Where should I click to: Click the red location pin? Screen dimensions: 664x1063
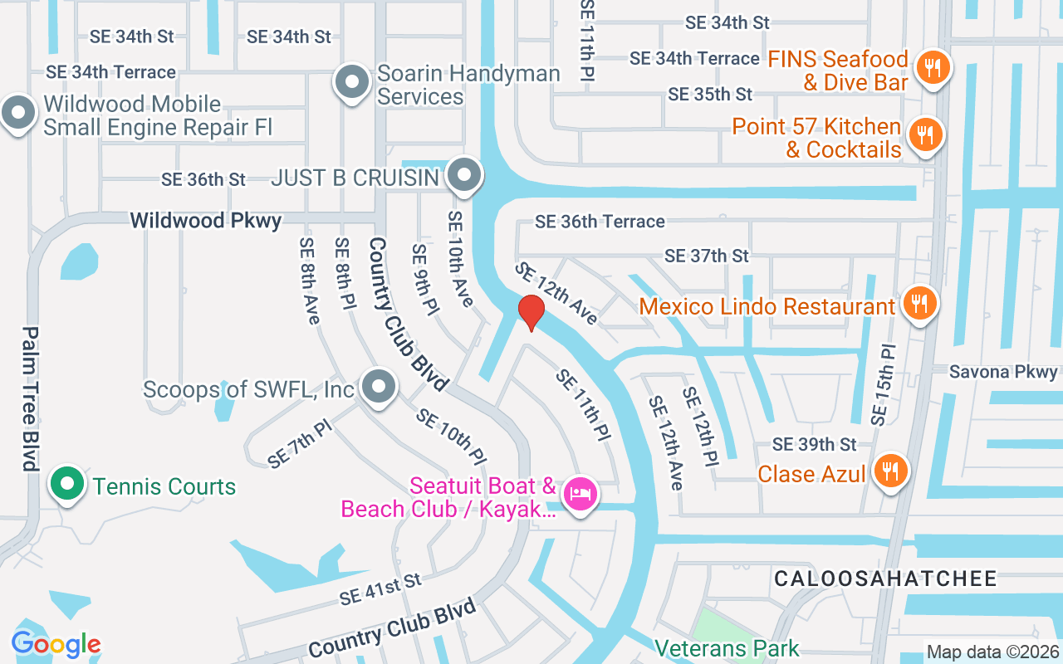click(531, 312)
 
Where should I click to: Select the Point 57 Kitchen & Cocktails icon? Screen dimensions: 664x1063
click(923, 135)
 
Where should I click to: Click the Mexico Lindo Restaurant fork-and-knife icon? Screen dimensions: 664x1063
click(918, 303)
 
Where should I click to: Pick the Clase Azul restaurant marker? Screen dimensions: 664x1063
click(890, 471)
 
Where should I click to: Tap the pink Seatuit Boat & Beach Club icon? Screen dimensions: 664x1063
click(580, 494)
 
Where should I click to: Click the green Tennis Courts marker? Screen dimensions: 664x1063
click(66, 484)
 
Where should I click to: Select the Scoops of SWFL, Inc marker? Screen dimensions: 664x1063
click(379, 386)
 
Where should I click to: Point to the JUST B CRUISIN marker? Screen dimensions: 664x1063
click(463, 175)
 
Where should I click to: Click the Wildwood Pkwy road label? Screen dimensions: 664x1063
click(206, 220)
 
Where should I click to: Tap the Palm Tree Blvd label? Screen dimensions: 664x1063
click(31, 398)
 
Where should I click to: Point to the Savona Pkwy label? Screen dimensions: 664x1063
click(1003, 372)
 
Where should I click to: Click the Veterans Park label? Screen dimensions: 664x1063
click(727, 648)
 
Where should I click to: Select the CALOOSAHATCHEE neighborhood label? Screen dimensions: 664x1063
click(885, 579)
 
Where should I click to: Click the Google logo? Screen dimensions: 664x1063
click(56, 644)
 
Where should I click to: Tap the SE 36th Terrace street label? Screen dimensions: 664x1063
click(600, 222)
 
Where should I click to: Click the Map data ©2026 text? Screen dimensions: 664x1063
click(992, 652)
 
